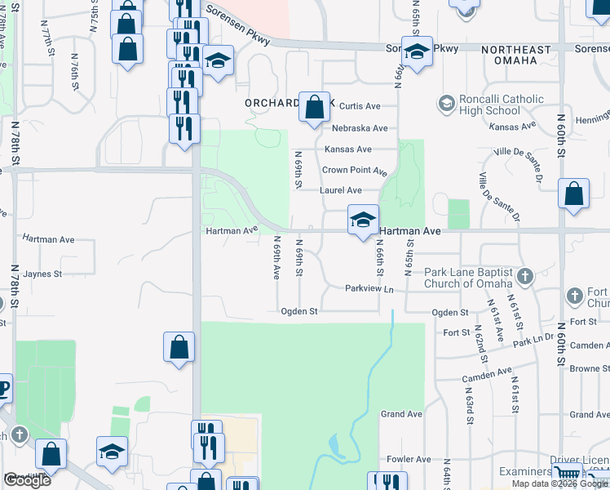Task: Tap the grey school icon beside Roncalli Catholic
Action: [x=446, y=104]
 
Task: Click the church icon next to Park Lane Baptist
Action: [x=524, y=276]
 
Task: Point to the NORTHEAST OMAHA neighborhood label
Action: [x=521, y=55]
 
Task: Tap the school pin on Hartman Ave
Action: [x=363, y=219]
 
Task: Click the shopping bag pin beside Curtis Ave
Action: [x=314, y=107]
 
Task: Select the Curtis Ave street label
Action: [x=360, y=106]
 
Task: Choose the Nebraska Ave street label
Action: [x=360, y=128]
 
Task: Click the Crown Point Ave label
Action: [x=354, y=171]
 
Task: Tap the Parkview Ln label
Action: [x=369, y=289]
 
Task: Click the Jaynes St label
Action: [x=43, y=274]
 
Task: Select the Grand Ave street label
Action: [x=401, y=414]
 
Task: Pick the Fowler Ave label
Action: [x=409, y=460]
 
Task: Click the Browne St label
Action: [x=585, y=369]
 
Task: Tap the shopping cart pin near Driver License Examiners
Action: [x=567, y=473]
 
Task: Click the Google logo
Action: [x=26, y=480]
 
